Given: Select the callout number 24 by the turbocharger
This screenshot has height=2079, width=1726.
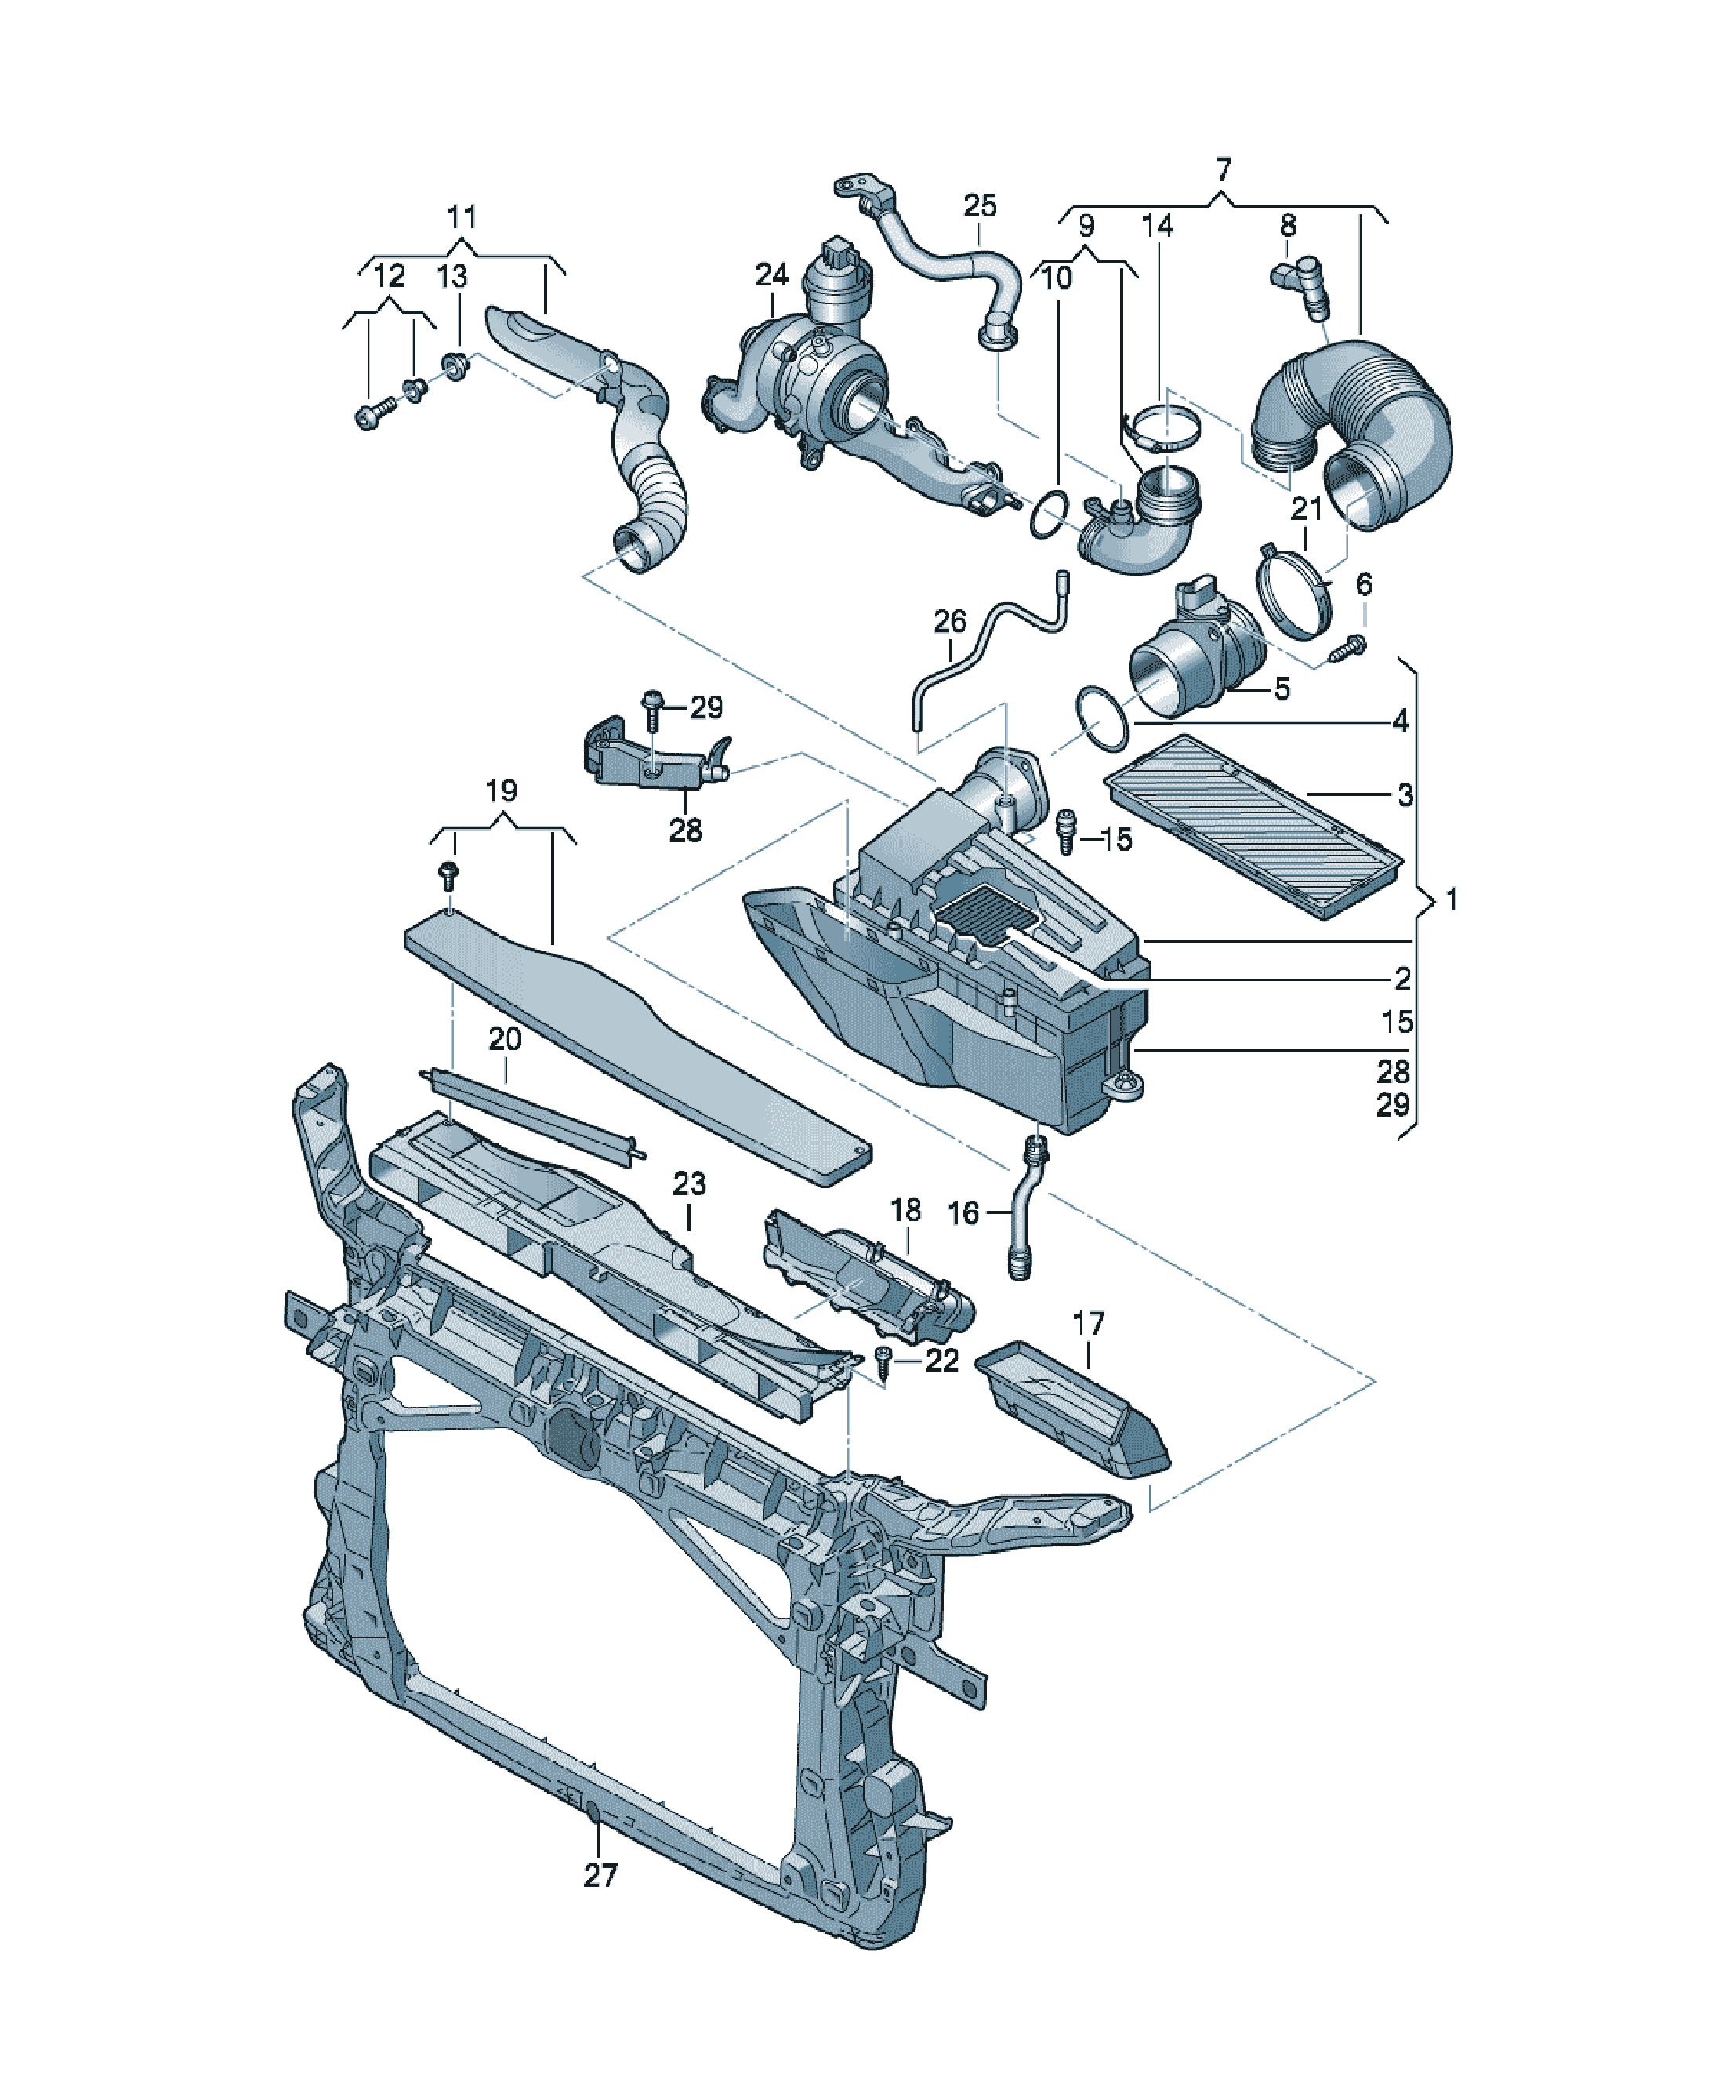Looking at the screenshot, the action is click(771, 274).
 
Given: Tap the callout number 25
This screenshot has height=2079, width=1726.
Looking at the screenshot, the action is click(980, 206).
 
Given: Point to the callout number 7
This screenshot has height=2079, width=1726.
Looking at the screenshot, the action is click(1224, 169).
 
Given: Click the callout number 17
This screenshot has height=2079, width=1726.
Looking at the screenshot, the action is click(1088, 1324).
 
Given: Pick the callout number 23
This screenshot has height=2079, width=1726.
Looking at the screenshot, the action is click(689, 1184).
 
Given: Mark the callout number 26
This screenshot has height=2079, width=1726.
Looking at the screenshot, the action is click(950, 622).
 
